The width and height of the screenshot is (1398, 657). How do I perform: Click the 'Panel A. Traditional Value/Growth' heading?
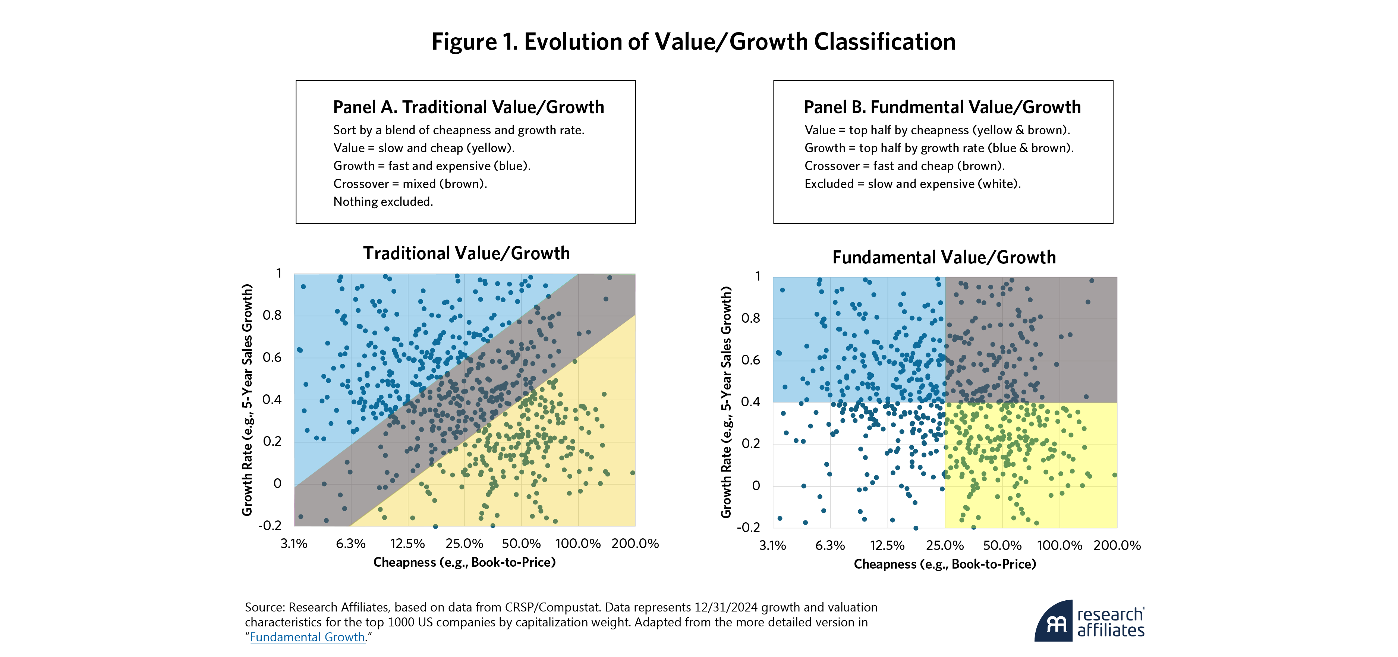tap(468, 107)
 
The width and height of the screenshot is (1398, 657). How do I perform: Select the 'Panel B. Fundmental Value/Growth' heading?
tap(942, 107)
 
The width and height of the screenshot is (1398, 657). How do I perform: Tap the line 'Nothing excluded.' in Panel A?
tap(382, 201)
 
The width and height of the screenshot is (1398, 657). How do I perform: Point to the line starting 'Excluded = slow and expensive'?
tap(912, 184)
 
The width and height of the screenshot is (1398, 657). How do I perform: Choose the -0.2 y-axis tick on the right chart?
tap(748, 527)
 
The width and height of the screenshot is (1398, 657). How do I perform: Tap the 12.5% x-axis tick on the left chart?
tap(407, 544)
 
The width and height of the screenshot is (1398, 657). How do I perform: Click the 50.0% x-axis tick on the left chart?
tap(521, 544)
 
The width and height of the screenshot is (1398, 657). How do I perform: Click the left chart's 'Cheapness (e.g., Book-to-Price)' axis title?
tap(464, 562)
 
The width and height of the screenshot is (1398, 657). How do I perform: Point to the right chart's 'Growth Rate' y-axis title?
tap(725, 402)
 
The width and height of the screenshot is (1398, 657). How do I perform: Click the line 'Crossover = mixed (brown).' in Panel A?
tap(410, 184)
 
